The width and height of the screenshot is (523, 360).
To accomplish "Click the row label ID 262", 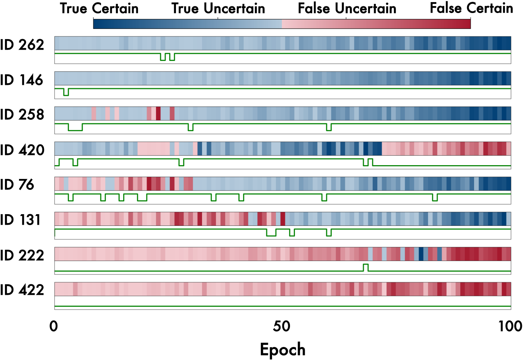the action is click(22, 44).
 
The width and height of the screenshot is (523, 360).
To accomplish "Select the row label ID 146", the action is click(21, 80).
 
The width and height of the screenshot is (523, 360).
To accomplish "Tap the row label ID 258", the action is click(22, 114).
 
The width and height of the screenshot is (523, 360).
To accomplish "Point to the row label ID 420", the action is click(22, 150).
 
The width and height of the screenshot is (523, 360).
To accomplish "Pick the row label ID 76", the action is click(17, 185).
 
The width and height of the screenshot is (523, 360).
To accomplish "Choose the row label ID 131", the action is click(20, 220).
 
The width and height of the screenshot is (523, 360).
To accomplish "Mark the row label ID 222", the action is click(22, 255).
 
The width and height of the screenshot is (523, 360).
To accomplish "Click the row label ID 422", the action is click(22, 290).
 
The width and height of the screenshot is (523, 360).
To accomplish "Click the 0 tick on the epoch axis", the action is click(53, 326).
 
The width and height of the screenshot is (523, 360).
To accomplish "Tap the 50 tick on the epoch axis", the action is click(282, 326).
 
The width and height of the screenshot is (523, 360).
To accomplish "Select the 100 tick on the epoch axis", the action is click(510, 326).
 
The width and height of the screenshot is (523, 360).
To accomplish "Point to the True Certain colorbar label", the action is click(99, 8).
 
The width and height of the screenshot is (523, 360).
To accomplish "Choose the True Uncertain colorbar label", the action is click(218, 8).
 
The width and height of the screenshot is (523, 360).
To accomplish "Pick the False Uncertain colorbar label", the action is click(347, 8).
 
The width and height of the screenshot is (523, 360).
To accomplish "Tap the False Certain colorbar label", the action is click(471, 8).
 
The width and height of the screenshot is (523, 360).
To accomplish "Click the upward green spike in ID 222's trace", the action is click(366, 265).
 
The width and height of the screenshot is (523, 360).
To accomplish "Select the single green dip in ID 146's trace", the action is click(66, 95).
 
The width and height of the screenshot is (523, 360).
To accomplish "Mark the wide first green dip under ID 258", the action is click(75, 130).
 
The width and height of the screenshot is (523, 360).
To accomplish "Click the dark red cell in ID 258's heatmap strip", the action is click(158, 113).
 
